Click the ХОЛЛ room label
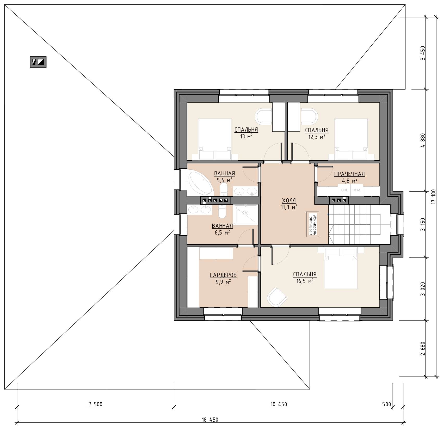point(289,200)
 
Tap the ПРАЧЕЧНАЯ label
point(349,174)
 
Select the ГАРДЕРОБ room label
point(223,275)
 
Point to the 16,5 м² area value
point(305,281)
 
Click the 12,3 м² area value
point(317,137)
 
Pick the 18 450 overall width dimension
point(210,420)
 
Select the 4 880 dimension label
point(423,140)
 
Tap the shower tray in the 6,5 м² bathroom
point(246,215)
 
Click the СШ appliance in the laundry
point(344,190)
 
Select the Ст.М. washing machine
point(356,190)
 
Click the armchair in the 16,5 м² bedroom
point(277,296)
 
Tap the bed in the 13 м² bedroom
point(215,139)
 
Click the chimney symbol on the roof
point(38,62)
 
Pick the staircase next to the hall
point(359,224)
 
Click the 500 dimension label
point(387,404)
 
